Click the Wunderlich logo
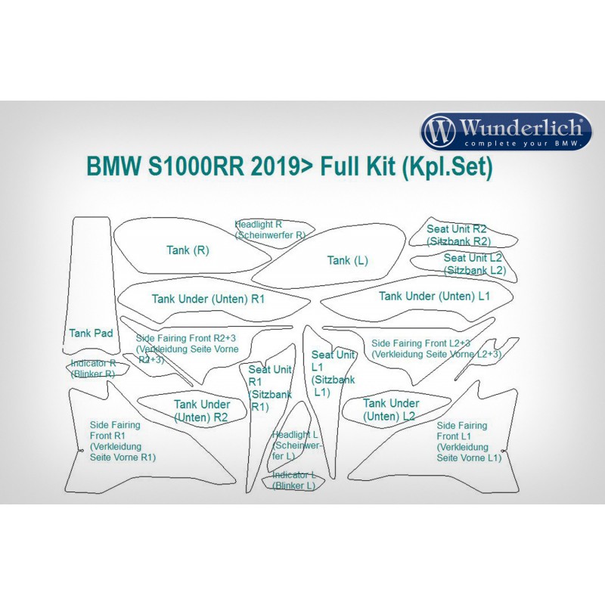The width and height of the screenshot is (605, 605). [x=506, y=132]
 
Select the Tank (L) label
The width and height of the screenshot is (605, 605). [x=347, y=260]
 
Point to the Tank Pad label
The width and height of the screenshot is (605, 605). [x=91, y=333]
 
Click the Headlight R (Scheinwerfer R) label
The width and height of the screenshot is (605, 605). [x=270, y=230]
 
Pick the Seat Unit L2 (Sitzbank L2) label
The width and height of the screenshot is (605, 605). [x=473, y=264]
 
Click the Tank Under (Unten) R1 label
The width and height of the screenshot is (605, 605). [x=208, y=299]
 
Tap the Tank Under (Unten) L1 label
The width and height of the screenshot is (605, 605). [x=434, y=296]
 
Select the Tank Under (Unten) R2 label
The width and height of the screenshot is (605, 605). [x=201, y=411]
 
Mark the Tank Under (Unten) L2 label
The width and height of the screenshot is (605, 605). [x=390, y=410]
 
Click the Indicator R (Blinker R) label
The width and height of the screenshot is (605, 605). [x=93, y=368]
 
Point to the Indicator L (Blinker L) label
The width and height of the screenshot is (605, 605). [x=293, y=480]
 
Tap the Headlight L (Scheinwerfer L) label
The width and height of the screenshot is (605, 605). [x=295, y=446]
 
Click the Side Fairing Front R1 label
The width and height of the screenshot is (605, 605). [x=123, y=441]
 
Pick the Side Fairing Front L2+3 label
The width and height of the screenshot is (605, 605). [x=436, y=349]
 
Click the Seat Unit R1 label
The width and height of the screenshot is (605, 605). [x=270, y=388]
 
